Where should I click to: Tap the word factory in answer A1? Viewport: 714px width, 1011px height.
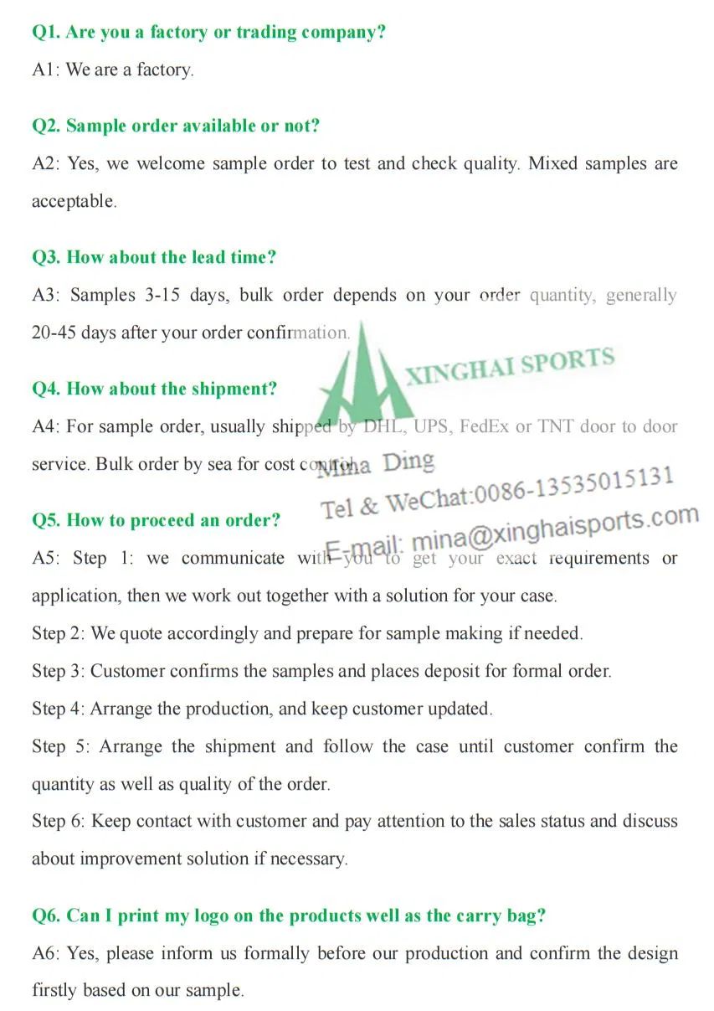pyautogui.click(x=164, y=70)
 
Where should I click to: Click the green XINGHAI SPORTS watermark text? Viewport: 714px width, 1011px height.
pyautogui.click(x=510, y=366)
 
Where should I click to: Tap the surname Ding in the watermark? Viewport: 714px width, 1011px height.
pyautogui.click(x=409, y=462)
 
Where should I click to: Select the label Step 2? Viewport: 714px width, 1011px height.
pyautogui.click(x=58, y=633)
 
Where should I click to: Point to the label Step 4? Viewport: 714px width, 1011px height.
pyautogui.click(x=58, y=709)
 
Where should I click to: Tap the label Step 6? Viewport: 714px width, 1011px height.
pyautogui.click(x=58, y=821)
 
